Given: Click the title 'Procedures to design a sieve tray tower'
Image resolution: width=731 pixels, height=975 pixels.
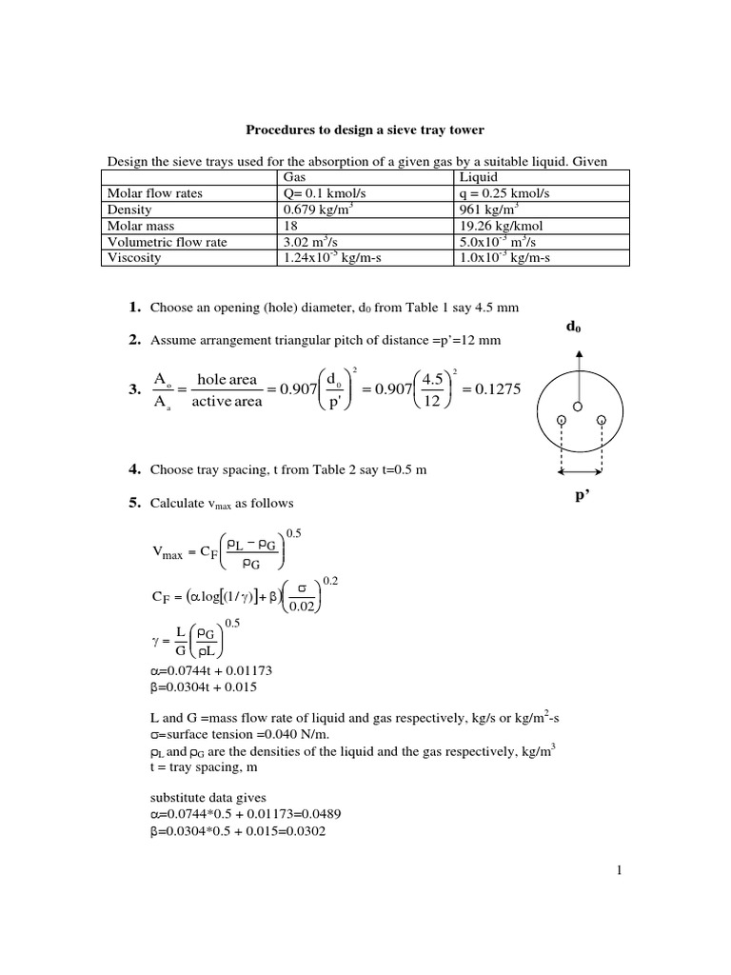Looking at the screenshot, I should click(x=365, y=129).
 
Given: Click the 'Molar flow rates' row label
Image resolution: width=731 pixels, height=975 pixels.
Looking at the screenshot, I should click(x=155, y=193).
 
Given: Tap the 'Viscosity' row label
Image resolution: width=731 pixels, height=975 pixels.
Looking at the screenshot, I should click(x=134, y=257).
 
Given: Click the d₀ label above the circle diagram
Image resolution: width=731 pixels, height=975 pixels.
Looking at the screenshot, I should click(x=573, y=328).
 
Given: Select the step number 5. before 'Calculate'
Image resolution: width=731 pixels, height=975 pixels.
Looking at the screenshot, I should click(x=134, y=503).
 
